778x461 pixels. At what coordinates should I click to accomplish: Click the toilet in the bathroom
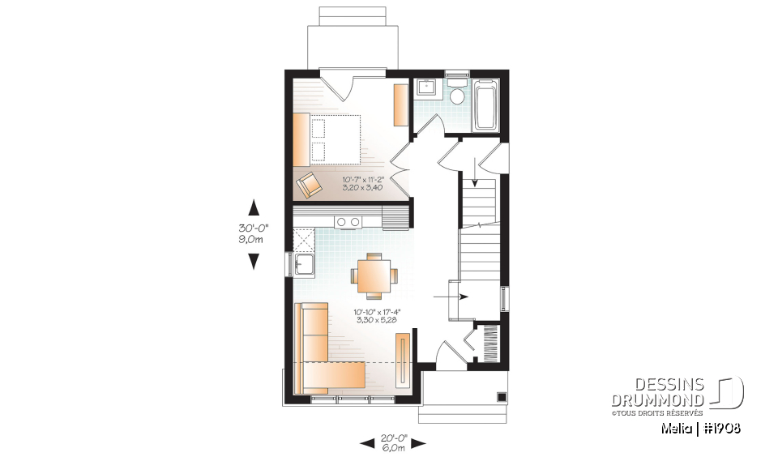click(x=457, y=94)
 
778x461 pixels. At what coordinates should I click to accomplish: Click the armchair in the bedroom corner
click(x=308, y=186)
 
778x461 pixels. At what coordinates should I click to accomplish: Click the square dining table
click(x=374, y=275)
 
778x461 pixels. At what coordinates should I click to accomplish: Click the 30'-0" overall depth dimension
click(x=252, y=233)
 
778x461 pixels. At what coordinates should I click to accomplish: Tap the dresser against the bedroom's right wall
click(x=401, y=105)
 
